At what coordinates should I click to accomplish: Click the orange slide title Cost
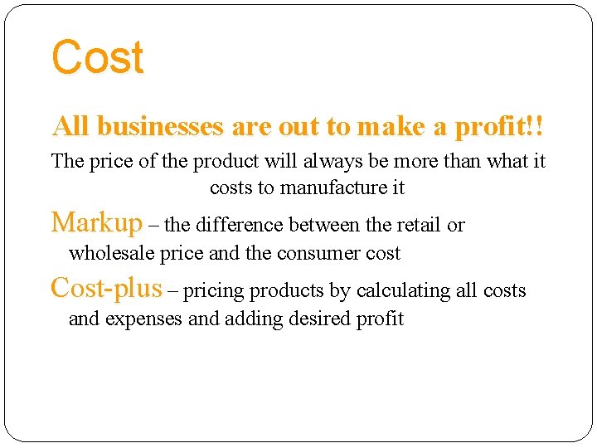coord(97,58)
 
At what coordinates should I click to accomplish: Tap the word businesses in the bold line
coord(160,126)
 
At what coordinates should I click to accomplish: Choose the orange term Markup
coord(97,222)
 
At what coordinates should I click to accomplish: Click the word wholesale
coord(110,253)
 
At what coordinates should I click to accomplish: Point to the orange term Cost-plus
coord(106,288)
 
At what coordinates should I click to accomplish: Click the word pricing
coord(211,291)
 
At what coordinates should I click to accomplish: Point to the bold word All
coord(71,126)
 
